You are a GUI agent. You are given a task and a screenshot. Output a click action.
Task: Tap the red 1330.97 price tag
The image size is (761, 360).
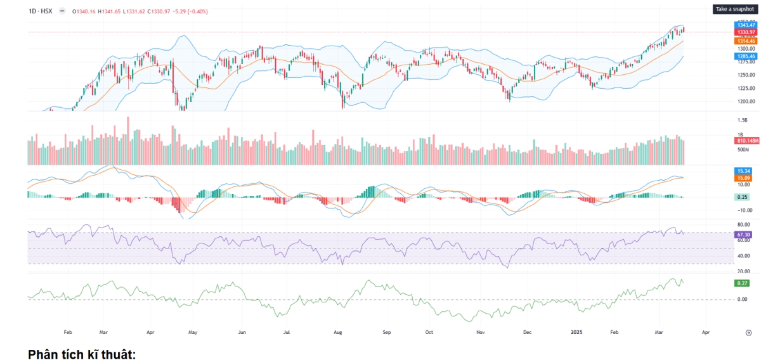[745, 32]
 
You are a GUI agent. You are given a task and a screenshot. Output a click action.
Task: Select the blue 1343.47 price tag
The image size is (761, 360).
[745, 25]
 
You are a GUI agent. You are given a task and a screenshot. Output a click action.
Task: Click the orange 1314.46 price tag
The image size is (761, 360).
[745, 41]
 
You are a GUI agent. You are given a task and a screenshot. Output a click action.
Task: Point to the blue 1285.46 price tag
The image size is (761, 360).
[745, 56]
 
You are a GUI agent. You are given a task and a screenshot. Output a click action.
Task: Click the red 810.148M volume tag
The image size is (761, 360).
[747, 140]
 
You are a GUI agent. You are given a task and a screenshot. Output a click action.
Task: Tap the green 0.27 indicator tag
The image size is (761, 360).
[741, 282]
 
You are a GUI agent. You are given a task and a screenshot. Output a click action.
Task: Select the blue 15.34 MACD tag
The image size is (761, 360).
[743, 171]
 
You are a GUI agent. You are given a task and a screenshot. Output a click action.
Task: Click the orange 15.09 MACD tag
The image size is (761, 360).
[743, 179]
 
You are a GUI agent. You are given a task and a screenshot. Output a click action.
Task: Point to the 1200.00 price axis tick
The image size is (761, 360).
[746, 101]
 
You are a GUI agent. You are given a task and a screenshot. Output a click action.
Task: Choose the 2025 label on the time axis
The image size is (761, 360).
[576, 331]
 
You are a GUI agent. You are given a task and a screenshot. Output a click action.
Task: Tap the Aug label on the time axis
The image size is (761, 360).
[338, 331]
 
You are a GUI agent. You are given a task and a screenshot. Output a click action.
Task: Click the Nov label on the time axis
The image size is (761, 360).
[481, 331]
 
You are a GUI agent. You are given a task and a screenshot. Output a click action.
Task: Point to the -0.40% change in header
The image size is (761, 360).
[197, 11]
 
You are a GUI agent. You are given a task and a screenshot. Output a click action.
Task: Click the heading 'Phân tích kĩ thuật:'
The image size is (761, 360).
[82, 354]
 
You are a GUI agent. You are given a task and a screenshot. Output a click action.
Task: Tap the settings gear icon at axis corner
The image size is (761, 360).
[748, 331]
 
